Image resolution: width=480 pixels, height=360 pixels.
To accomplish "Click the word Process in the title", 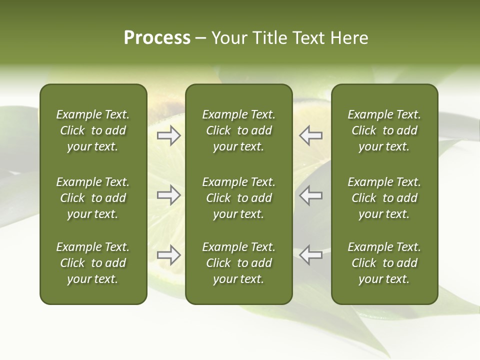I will [x=157, y=38].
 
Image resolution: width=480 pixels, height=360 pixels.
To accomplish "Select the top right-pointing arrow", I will [x=169, y=135].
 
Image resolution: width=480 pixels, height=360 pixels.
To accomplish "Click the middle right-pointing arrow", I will [x=169, y=195].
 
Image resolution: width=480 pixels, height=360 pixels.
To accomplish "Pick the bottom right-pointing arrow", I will [x=169, y=254].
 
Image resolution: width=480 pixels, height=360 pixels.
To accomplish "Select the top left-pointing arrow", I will [x=310, y=135].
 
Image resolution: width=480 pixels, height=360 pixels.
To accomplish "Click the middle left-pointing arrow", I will [x=310, y=195].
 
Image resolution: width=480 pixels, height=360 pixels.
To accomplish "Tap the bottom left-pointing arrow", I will [x=310, y=254].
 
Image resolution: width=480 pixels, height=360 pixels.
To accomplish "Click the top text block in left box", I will [x=93, y=130].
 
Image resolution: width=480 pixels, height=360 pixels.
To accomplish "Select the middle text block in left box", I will [x=93, y=198].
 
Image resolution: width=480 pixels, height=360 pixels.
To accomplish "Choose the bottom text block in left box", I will [x=93, y=263].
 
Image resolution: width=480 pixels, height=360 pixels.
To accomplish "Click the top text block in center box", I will [x=238, y=130].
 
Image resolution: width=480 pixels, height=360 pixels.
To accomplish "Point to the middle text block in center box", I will [x=238, y=198].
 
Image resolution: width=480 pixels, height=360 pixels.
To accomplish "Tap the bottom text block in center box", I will [x=238, y=263].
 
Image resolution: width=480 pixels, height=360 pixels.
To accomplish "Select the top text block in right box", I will [x=384, y=130].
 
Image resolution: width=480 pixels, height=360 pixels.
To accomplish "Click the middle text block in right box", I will [x=384, y=198].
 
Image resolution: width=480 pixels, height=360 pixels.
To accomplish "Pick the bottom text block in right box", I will [x=384, y=263].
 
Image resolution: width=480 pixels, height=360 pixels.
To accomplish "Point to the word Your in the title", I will [x=228, y=38].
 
